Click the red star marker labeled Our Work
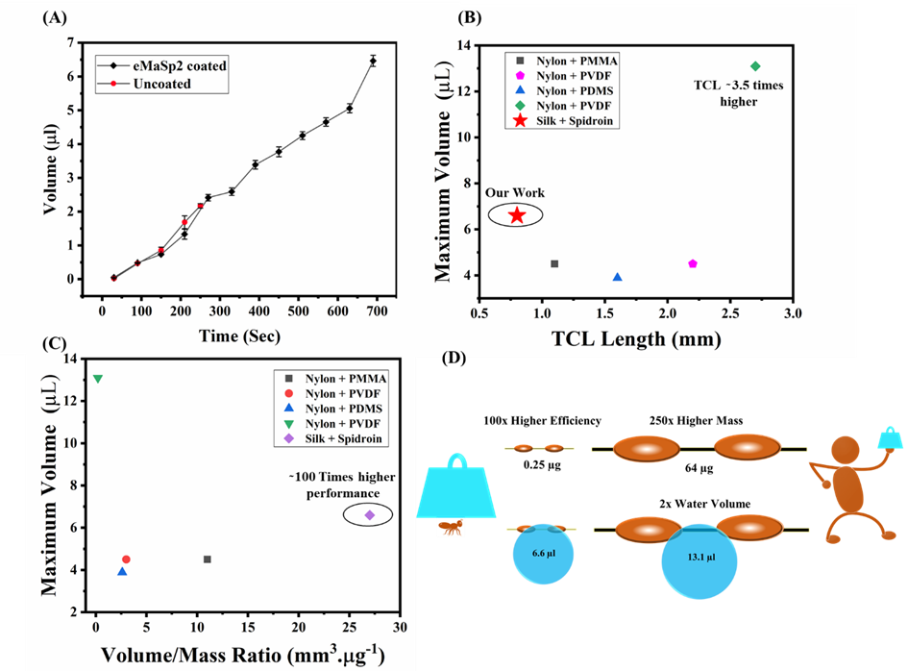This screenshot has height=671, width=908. [516, 215]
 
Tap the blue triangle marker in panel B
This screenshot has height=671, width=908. [617, 277]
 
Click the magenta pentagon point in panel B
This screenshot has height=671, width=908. [693, 263]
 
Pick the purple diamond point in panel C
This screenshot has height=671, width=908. [369, 515]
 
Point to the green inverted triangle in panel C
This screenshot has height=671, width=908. [98, 379]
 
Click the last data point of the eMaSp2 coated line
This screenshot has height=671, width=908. [373, 61]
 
